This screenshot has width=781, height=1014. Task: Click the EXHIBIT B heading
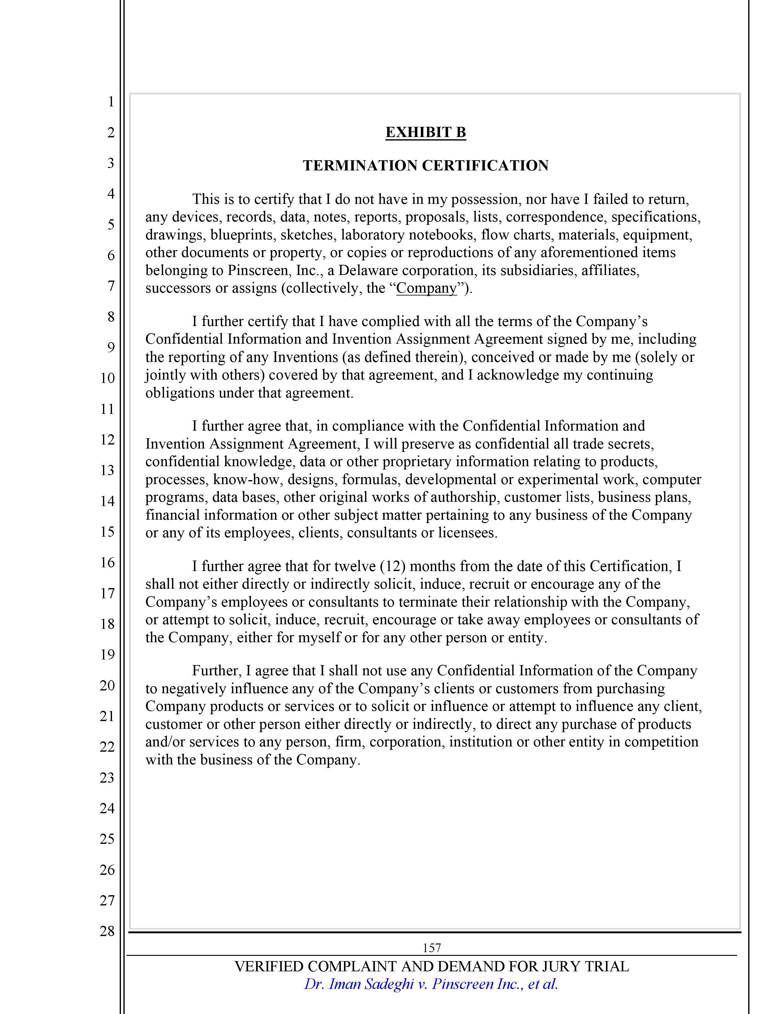point(425,132)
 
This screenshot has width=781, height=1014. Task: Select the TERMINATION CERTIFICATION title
point(425,166)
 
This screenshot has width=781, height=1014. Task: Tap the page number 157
point(431,947)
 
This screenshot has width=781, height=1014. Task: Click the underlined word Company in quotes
point(426,288)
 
